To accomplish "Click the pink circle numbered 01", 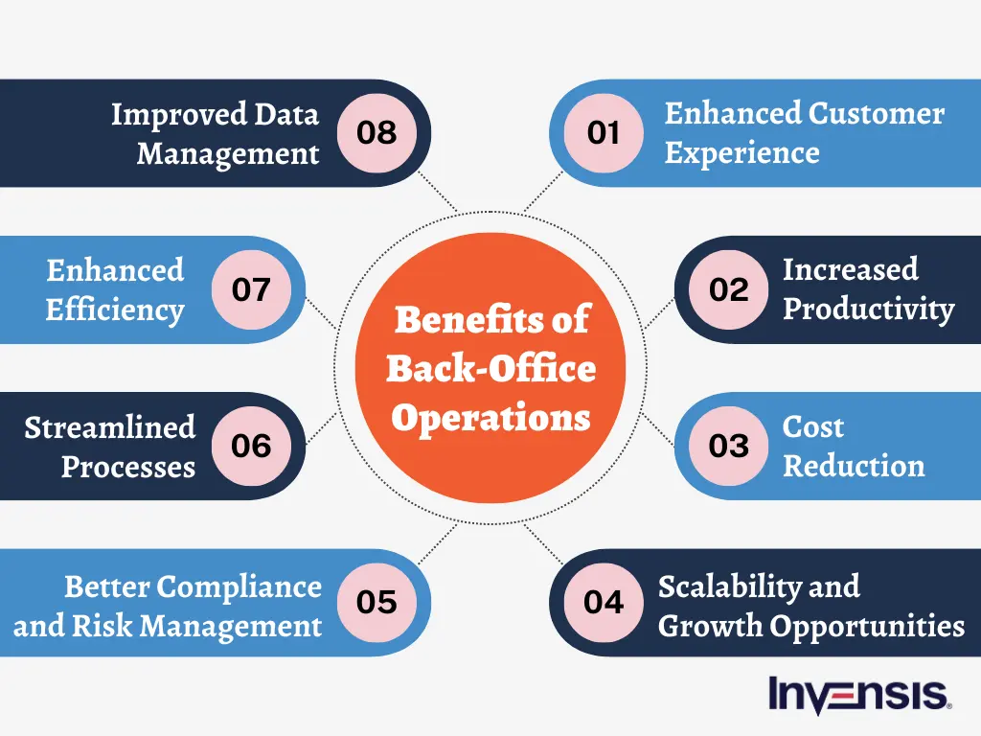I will (604, 133).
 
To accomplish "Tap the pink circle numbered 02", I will (729, 289).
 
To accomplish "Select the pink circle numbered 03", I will (729, 446).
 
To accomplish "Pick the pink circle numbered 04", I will (604, 602).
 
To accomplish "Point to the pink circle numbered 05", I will (376, 602).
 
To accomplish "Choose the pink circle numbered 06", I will (251, 446).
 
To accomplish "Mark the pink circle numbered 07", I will (251, 289).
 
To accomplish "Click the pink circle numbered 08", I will (376, 133).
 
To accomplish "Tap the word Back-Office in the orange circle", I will (490, 369).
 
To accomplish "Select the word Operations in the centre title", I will (490, 419).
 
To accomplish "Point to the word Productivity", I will (868, 310).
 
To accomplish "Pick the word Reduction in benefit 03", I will (854, 467).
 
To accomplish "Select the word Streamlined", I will (109, 427).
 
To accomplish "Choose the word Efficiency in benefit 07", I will (115, 310).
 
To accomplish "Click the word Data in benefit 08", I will (286, 114).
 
